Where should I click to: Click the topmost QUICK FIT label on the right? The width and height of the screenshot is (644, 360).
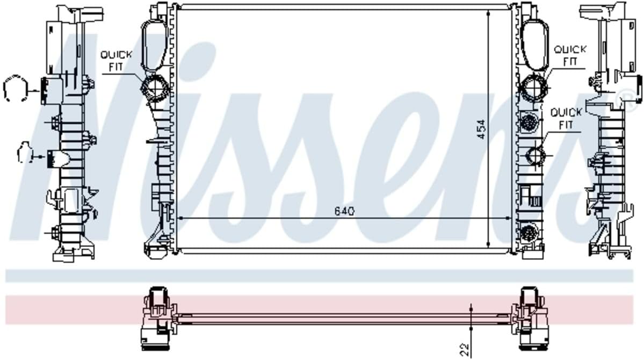pyautogui.click(x=570, y=55)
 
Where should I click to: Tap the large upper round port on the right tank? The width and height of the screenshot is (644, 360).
pyautogui.click(x=534, y=88)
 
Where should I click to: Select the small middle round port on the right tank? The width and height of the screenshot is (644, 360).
pyautogui.click(x=536, y=155)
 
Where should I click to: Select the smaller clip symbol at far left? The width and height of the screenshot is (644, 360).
pyautogui.click(x=25, y=153)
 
